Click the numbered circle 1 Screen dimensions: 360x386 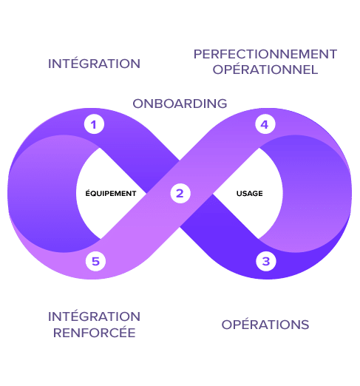click(94, 124)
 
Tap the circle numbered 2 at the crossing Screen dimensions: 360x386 click(180, 193)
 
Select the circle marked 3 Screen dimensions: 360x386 click(266, 261)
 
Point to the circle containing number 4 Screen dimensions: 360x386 click(265, 124)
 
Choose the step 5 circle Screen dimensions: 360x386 click(95, 261)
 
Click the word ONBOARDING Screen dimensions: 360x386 click(180, 104)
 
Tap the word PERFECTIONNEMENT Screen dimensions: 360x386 click(265, 54)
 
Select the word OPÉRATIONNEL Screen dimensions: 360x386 click(265, 70)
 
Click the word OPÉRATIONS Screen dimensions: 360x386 click(265, 325)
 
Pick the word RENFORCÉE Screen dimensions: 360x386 click(95, 333)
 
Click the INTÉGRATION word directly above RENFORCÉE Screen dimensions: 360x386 click(94, 316)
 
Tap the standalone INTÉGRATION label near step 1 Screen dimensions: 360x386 click(94, 64)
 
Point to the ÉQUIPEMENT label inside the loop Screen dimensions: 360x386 click(111, 193)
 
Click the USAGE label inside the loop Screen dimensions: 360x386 click(250, 194)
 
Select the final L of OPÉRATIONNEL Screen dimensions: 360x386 click(314, 70)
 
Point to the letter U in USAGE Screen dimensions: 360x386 click(240, 194)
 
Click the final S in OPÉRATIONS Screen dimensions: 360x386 click(305, 325)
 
